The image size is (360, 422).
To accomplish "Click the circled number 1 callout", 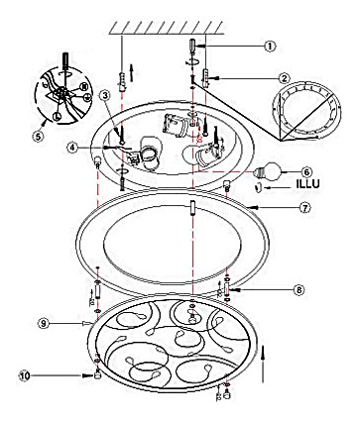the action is (x=270, y=46).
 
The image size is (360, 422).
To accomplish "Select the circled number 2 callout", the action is (x=284, y=78).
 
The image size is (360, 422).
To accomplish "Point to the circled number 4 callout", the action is (x=72, y=148).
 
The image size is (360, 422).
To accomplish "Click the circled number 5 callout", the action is (x=39, y=136).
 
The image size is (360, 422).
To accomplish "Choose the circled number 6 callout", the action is (x=306, y=172).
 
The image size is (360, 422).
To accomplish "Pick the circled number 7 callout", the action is (x=305, y=208).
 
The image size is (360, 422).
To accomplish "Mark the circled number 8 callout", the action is (x=299, y=289).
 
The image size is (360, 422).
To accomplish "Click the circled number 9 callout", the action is (x=44, y=323).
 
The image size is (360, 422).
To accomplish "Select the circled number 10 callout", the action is (x=25, y=375).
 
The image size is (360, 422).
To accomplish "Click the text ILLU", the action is (x=307, y=184).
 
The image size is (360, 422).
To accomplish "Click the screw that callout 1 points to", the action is (x=192, y=46).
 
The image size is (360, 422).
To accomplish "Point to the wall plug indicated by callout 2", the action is (x=206, y=78).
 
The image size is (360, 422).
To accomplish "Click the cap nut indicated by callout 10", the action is (x=97, y=374).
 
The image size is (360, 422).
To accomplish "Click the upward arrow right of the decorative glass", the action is (x=263, y=365).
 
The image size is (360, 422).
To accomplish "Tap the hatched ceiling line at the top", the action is (x=166, y=28).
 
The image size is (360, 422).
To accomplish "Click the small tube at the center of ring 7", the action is (x=192, y=208).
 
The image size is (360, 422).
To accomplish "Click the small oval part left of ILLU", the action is (x=259, y=188).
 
